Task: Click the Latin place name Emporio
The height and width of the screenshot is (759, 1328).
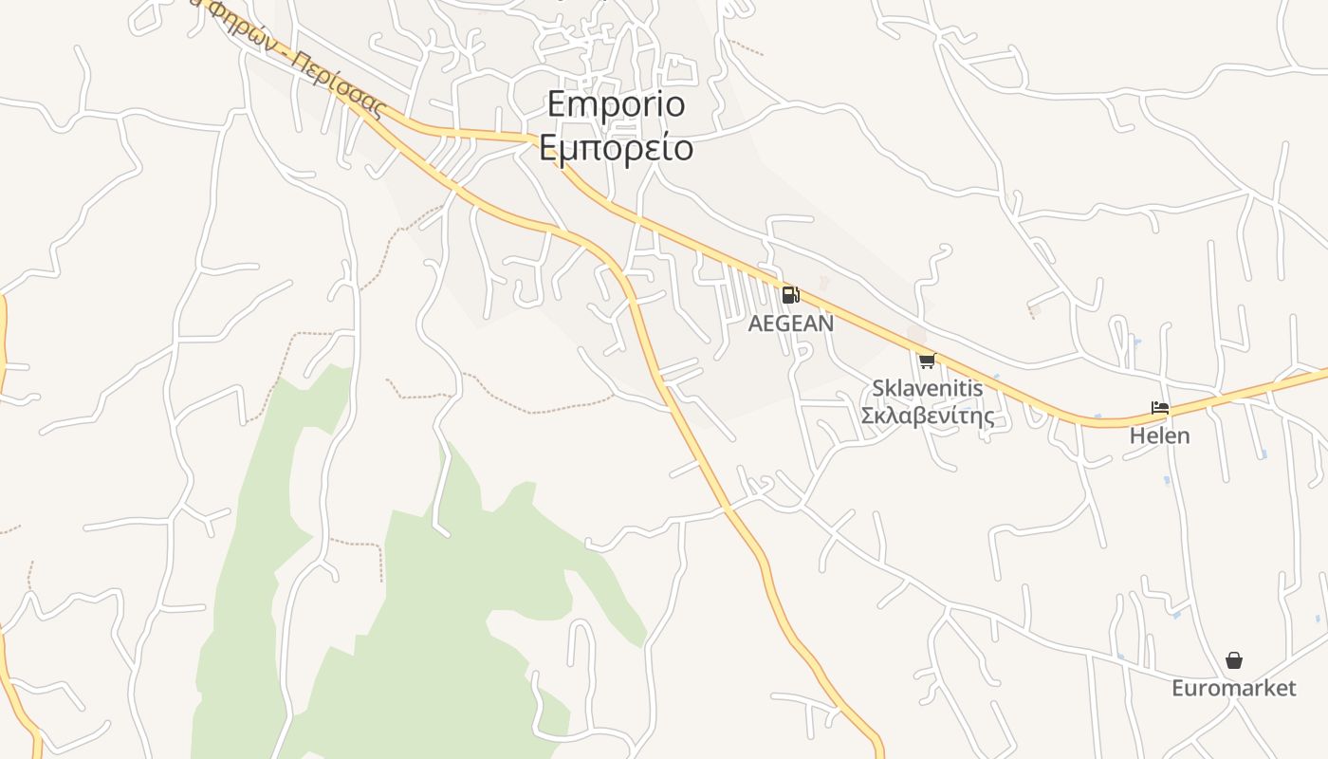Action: (x=616, y=104)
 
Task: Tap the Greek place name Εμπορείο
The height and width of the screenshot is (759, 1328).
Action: (x=616, y=148)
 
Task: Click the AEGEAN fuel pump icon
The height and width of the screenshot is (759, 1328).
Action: (x=790, y=294)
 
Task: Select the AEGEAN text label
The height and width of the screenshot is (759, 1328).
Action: (x=791, y=324)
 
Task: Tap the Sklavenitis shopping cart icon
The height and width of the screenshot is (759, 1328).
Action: (x=927, y=361)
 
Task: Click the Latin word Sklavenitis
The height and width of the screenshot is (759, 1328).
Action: (x=927, y=388)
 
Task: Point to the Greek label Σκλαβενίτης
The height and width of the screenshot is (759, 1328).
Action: (x=927, y=416)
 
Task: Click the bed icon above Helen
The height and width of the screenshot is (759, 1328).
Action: (x=1159, y=409)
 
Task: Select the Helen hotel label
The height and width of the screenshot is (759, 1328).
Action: (x=1159, y=436)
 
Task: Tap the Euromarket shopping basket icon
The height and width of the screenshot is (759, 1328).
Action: (x=1233, y=660)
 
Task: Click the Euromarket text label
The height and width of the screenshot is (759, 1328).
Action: (x=1233, y=688)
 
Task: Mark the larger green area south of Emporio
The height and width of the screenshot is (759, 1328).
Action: (x=446, y=607)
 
